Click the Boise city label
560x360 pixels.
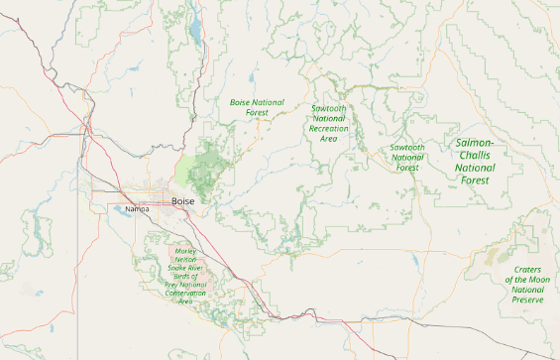coord(183,201)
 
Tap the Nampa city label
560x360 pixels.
coord(138,209)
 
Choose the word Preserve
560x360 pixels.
coord(528,300)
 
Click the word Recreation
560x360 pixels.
coord(329,129)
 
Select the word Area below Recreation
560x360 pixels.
coord(329,139)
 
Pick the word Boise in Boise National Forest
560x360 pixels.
coord(241,102)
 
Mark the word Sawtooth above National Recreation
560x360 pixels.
coord(328,107)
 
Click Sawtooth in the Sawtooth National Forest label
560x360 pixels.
coord(407,148)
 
